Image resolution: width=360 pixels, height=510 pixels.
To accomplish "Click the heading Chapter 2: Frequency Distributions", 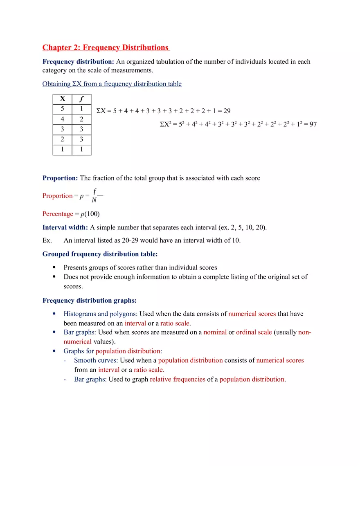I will pyautogui.click(x=106, y=47).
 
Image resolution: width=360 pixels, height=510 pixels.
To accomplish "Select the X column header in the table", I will pyautogui.click(x=62, y=99).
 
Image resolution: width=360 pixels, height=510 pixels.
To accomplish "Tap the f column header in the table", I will pyautogui.click(x=81, y=99).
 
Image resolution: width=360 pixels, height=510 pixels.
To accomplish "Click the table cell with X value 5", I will pyautogui.click(x=62, y=109).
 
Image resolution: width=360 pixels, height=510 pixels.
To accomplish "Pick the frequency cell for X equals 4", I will pyautogui.click(x=81, y=119).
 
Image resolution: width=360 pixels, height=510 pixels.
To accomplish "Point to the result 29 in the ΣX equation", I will pyautogui.click(x=227, y=111).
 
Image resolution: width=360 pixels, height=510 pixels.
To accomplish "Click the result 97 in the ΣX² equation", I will pyautogui.click(x=313, y=124).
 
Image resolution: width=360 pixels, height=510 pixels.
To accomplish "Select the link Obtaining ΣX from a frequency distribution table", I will pyautogui.click(x=112, y=84).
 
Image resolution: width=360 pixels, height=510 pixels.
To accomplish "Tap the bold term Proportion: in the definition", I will pyautogui.click(x=60, y=178).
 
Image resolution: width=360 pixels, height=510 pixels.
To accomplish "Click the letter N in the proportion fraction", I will pyautogui.click(x=94, y=200).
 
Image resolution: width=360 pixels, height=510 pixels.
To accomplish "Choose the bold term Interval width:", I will pyautogui.click(x=65, y=227).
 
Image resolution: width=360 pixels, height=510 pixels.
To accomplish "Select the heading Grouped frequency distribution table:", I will pyautogui.click(x=100, y=254).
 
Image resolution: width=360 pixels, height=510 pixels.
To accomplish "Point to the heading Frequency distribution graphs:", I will pyautogui.click(x=90, y=301).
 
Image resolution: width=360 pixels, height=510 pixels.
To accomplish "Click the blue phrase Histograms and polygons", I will pyautogui.click(x=100, y=314).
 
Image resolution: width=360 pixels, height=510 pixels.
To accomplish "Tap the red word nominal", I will pyautogui.click(x=215, y=332).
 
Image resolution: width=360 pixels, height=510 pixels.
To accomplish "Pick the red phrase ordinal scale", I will pyautogui.click(x=254, y=332).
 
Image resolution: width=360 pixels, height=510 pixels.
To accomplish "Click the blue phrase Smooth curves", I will pyautogui.click(x=95, y=360).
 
